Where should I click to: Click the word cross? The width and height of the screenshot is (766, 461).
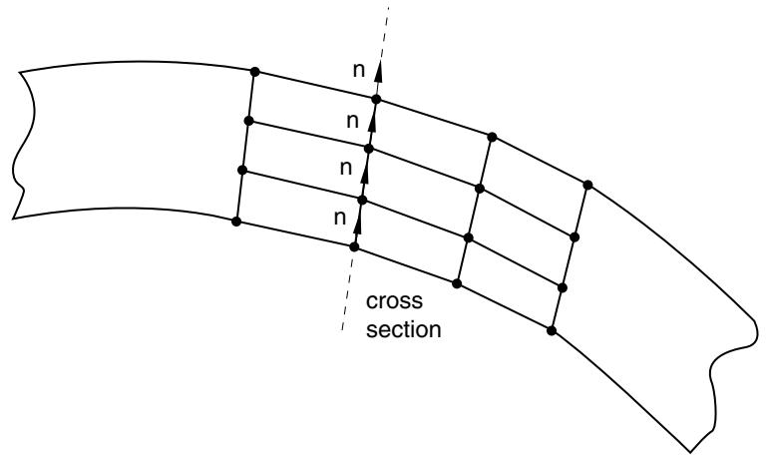tap(394, 301)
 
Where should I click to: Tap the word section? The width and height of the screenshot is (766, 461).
tap(404, 329)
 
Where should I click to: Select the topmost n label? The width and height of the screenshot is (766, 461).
tap(359, 71)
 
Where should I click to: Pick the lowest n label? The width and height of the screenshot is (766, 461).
tap(340, 218)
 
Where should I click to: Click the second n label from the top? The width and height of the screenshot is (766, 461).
tap(353, 121)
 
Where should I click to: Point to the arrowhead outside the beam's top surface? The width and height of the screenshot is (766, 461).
tap(379, 73)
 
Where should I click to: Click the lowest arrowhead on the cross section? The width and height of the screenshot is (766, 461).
tap(357, 224)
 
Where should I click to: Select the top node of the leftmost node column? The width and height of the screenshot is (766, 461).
tap(254, 72)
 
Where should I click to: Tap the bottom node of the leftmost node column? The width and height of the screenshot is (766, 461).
tap(236, 222)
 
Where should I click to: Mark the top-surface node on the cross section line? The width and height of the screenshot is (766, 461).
tap(376, 100)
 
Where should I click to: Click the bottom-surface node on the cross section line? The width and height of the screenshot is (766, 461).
tap(354, 247)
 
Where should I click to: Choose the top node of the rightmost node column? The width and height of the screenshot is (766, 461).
tap(587, 185)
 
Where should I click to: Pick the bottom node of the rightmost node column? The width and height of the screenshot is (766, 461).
tap(552, 331)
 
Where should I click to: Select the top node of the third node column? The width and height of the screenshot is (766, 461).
tap(492, 137)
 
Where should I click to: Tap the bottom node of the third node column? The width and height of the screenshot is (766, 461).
tap(457, 283)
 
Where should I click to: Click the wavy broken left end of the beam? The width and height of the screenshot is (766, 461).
tap(22, 147)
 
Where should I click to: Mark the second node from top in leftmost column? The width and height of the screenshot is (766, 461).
tap(248, 121)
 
